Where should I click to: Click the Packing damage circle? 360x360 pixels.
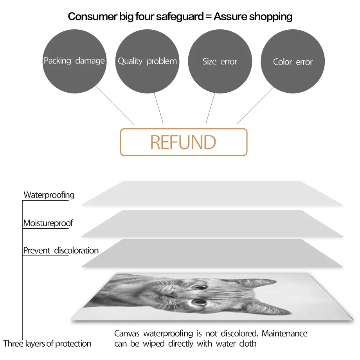click(x=74, y=61)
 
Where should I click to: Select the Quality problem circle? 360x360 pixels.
click(x=147, y=61)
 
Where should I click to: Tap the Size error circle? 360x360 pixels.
click(x=220, y=61)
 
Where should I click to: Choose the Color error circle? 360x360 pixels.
click(x=293, y=61)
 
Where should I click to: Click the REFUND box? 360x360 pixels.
click(x=184, y=142)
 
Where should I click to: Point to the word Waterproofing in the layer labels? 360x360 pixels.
click(x=49, y=195)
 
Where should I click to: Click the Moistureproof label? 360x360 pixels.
click(x=48, y=223)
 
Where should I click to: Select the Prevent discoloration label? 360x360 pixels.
click(x=61, y=250)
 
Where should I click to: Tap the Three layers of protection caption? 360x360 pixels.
click(x=47, y=344)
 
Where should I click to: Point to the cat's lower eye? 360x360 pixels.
click(x=199, y=301)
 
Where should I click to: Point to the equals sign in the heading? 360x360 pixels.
click(x=207, y=17)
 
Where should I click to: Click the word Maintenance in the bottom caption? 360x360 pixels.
click(x=284, y=333)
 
